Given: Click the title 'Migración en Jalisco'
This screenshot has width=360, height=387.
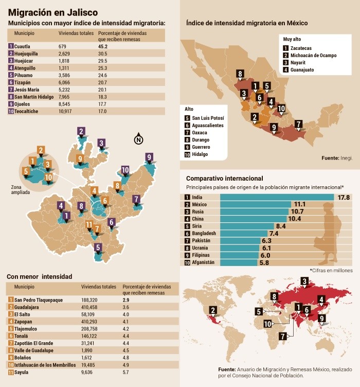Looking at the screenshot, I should [x=54, y=12].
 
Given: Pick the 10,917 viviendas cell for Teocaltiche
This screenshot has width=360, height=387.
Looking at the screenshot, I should [x=67, y=111].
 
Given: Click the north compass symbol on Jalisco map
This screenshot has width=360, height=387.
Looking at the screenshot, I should [x=138, y=139].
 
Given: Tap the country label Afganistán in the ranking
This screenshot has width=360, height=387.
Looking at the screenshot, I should [x=203, y=262].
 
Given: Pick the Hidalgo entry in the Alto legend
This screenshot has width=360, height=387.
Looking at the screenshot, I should [x=200, y=154].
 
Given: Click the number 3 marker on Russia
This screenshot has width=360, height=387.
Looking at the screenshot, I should [x=304, y=281].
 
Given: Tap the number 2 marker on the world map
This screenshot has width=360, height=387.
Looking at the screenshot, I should [x=213, y=309].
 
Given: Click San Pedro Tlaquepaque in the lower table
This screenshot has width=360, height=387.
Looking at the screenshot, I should [x=39, y=300].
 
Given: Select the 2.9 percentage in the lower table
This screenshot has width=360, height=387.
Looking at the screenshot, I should [x=126, y=300].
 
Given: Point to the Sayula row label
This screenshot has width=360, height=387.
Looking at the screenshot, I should [x=22, y=371].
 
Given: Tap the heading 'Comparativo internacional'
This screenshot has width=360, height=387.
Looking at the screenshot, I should [x=225, y=178].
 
